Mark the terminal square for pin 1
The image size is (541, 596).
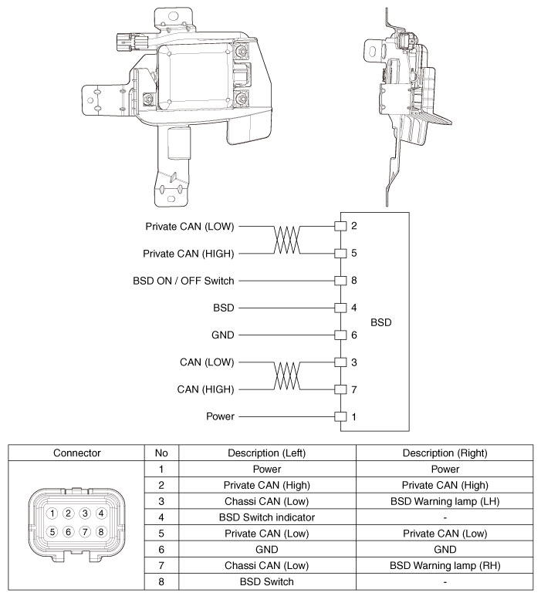pos(338,416)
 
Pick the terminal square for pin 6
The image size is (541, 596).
pos(338,335)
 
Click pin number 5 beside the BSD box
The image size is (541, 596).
pos(353,253)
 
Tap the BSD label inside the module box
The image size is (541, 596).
pos(381,322)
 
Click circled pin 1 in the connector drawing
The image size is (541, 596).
pos(51,513)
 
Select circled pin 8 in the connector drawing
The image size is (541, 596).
pos(100,530)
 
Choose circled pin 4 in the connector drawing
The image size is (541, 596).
pos(100,513)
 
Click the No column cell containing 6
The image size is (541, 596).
pos(161,548)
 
